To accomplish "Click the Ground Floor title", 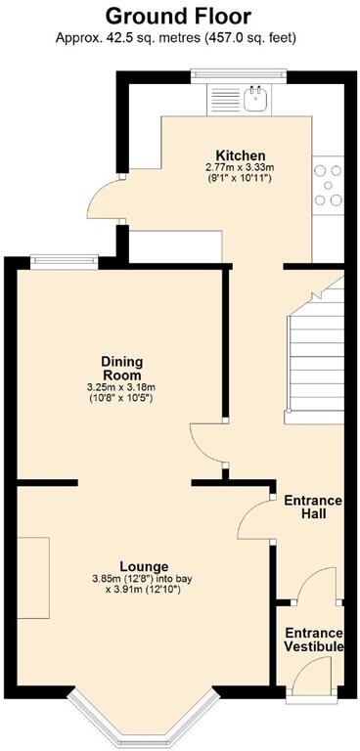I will click(x=178, y=16).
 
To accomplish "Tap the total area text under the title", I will click(x=178, y=37).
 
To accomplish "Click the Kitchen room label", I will click(x=241, y=155).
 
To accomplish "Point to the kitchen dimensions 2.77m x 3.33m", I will click(x=241, y=168).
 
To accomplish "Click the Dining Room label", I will click(x=121, y=368).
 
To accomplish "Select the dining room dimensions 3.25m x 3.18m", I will click(x=121, y=388).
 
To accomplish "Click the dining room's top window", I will click(x=63, y=259).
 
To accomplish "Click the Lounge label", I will click(x=144, y=566).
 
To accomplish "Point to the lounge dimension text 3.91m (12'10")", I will click(x=144, y=589).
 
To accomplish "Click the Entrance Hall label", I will click(x=312, y=508).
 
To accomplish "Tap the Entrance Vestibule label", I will click(x=313, y=640).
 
